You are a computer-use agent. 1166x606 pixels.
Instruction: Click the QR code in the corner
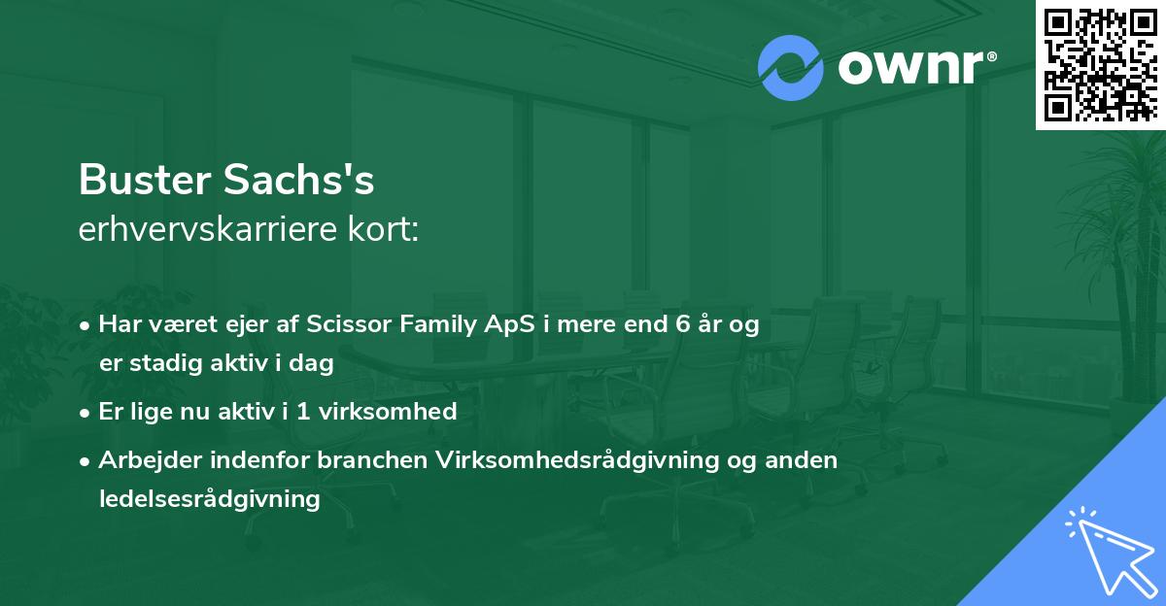1100,64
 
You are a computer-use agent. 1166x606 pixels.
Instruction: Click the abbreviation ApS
510,325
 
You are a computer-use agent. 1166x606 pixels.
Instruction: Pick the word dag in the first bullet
313,364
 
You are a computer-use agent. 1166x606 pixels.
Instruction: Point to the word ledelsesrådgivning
209,499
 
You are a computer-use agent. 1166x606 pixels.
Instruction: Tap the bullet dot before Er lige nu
86,413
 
